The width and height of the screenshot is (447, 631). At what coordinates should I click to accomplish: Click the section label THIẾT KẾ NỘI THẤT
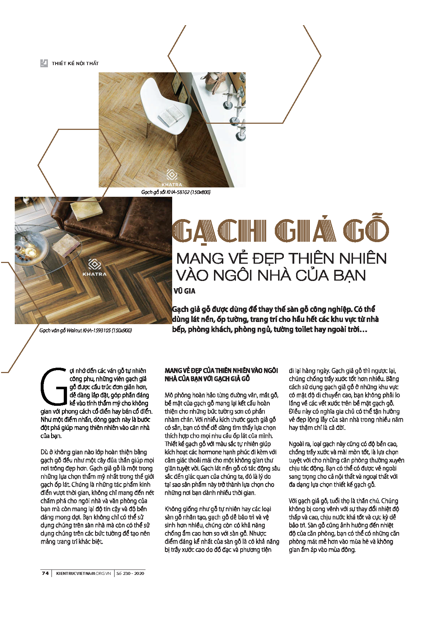(75, 64)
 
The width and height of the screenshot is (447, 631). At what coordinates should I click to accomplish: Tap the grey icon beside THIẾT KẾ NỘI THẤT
(44, 63)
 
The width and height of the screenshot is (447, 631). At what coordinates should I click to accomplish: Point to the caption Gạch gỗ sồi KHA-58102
(176, 192)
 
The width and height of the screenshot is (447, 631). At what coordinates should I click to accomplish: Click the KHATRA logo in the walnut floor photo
(94, 268)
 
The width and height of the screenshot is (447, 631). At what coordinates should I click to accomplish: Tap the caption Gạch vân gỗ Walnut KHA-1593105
(85, 330)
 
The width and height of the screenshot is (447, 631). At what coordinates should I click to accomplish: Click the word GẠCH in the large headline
(219, 231)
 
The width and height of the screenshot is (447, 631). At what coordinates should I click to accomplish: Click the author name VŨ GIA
(184, 291)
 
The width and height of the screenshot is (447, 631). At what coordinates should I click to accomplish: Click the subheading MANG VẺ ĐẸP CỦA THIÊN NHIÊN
(221, 371)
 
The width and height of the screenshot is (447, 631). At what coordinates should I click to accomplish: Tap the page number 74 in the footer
(45, 573)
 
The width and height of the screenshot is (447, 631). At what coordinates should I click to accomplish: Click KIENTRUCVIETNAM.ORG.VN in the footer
(83, 573)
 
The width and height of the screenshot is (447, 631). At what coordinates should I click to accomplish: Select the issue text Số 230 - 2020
(130, 573)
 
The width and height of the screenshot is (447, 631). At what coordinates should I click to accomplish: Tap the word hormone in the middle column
(222, 452)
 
